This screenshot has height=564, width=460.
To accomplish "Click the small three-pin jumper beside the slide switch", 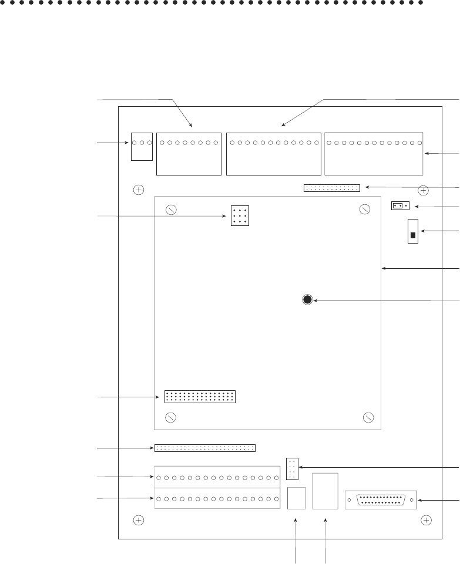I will (x=399, y=206).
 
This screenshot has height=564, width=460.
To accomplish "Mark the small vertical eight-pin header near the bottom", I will (x=292, y=467).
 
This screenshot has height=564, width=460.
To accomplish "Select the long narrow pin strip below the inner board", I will (x=205, y=448).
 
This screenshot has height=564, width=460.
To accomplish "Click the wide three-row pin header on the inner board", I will (x=200, y=396).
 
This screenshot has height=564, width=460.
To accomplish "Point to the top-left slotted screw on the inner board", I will (x=171, y=210).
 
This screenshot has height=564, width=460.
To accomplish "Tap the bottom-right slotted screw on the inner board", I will (x=368, y=418).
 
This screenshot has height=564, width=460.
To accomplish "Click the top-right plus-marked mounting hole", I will (x=423, y=190).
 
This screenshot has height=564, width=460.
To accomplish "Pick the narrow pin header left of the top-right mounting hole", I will (x=331, y=188).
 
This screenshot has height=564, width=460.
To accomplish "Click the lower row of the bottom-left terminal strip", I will (x=217, y=501).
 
